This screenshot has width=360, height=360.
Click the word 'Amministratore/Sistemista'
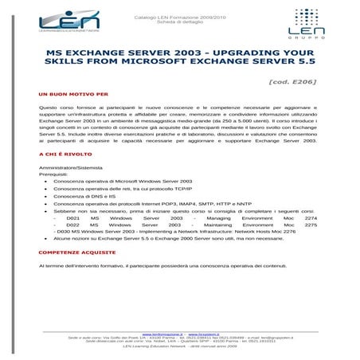pos(69,167)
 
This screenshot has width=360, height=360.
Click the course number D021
pos(72,217)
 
